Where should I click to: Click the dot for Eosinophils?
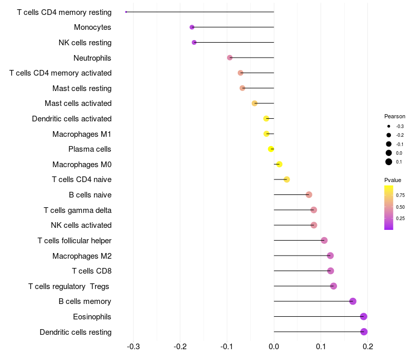[364, 316]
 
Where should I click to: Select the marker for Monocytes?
[192, 27]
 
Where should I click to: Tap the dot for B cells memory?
[352, 301]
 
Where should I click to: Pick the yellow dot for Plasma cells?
[271, 149]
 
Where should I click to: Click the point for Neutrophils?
[230, 58]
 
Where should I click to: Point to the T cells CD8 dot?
[330, 271]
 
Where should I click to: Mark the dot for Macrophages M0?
[279, 165]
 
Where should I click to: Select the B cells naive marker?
[309, 195]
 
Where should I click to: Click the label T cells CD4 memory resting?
[64, 12]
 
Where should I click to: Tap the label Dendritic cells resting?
[76, 332]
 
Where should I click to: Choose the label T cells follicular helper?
[74, 241]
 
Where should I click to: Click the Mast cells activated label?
[78, 103]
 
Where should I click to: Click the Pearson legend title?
[395, 116]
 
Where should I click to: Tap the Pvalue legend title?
[393, 180]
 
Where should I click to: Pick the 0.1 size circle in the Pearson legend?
[389, 162]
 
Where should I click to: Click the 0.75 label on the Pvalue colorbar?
[400, 195]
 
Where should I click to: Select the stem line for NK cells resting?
[234, 43]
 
